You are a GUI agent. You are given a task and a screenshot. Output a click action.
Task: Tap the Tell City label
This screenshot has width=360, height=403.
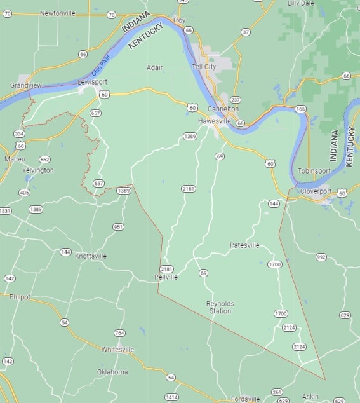(x=204, y=66)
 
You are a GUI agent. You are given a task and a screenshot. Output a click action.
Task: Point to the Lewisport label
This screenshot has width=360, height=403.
(x=90, y=82)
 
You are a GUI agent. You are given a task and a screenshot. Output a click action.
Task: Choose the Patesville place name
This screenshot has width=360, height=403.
(x=244, y=245)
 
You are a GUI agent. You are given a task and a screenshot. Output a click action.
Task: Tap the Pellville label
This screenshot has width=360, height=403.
(x=166, y=277)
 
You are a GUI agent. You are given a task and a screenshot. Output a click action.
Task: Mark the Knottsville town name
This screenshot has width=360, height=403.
(x=91, y=256)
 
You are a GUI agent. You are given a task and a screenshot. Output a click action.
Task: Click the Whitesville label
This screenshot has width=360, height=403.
(x=118, y=349)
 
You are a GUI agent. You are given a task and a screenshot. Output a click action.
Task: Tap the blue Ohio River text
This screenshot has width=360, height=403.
(x=102, y=66)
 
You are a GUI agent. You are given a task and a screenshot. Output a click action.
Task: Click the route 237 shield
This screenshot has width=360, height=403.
(x=236, y=100)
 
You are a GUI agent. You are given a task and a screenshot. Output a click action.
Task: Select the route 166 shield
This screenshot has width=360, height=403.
(x=300, y=109)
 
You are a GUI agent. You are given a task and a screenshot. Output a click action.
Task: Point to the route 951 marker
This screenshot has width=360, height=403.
(x=118, y=227)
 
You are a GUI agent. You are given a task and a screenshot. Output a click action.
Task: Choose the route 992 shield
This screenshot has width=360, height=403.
(x=321, y=257)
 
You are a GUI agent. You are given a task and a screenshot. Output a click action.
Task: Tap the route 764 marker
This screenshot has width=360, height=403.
(x=119, y=333)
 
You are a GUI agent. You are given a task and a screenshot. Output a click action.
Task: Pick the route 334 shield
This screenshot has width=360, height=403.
(x=19, y=133)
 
